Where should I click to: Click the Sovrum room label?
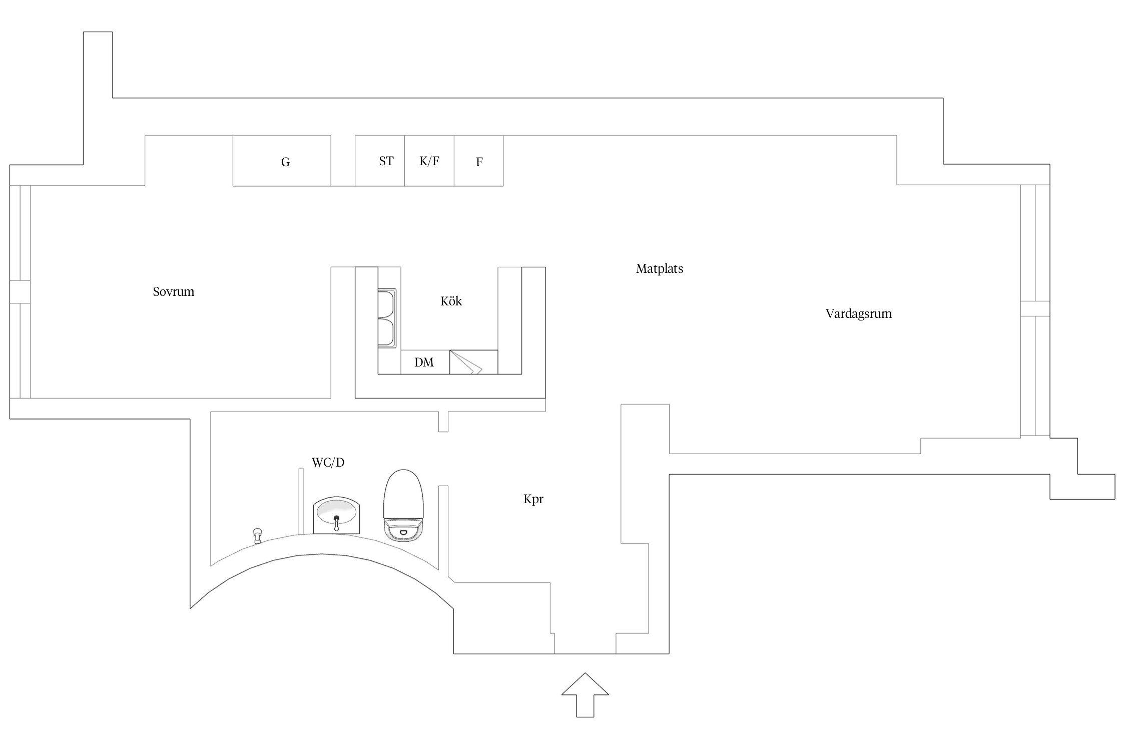tap(173, 292)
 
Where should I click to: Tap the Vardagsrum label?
tap(858, 314)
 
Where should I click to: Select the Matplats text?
tap(659, 269)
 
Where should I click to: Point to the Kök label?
tap(451, 301)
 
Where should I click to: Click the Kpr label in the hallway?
tap(533, 499)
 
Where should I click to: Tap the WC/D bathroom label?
tap(328, 463)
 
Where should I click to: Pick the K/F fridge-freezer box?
tap(429, 161)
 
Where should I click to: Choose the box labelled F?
tap(478, 161)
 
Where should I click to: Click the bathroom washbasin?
tap(336, 515)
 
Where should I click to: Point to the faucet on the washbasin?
tap(337, 523)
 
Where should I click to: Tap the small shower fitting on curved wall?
tap(258, 535)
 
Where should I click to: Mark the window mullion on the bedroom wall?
tap(20, 291)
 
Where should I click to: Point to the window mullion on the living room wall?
tap(1035, 308)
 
